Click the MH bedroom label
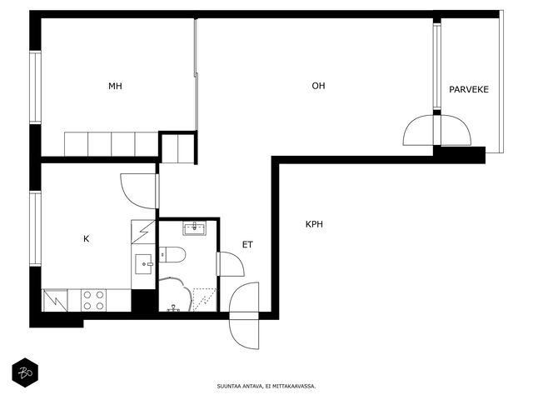[115, 86]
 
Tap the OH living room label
[318, 86]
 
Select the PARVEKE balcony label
[469, 89]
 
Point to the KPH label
[314, 224]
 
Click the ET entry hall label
[247, 244]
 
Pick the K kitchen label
[87, 239]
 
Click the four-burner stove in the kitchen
[93, 300]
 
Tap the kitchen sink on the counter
[143, 264]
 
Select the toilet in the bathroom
[172, 255]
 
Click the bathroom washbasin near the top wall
[194, 227]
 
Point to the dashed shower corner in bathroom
[205, 300]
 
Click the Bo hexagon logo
[25, 372]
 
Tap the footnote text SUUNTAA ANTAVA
[240, 387]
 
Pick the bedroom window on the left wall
[35, 87]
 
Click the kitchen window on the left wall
[35, 228]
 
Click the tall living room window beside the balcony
[437, 67]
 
